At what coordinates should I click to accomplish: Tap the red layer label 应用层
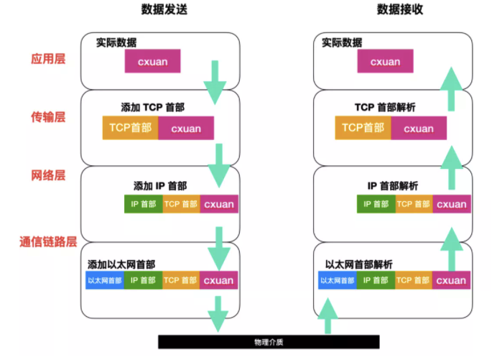(48, 59)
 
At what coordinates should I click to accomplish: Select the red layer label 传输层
(48, 116)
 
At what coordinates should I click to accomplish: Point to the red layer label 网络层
(48, 175)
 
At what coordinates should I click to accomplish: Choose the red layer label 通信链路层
(48, 242)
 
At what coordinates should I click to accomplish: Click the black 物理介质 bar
(269, 341)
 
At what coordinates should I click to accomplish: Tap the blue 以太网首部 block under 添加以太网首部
(104, 281)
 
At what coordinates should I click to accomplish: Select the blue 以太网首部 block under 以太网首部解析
(337, 281)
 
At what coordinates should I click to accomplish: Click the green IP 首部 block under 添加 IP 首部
(143, 204)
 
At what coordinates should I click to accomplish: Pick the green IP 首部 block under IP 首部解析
(376, 204)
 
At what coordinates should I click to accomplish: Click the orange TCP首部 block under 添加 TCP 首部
(130, 128)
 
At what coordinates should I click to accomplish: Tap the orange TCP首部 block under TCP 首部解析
(363, 128)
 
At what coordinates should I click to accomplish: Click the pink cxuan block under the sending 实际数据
(152, 61)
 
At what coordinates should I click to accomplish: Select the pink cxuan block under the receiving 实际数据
(385, 61)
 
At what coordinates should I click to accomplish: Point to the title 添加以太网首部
(121, 264)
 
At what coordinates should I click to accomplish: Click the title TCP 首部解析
(386, 107)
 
